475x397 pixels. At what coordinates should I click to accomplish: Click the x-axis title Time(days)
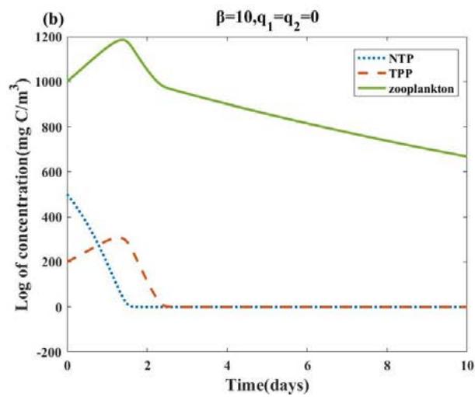(x=267, y=384)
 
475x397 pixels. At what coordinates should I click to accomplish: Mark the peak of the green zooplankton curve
(x=122, y=39)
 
